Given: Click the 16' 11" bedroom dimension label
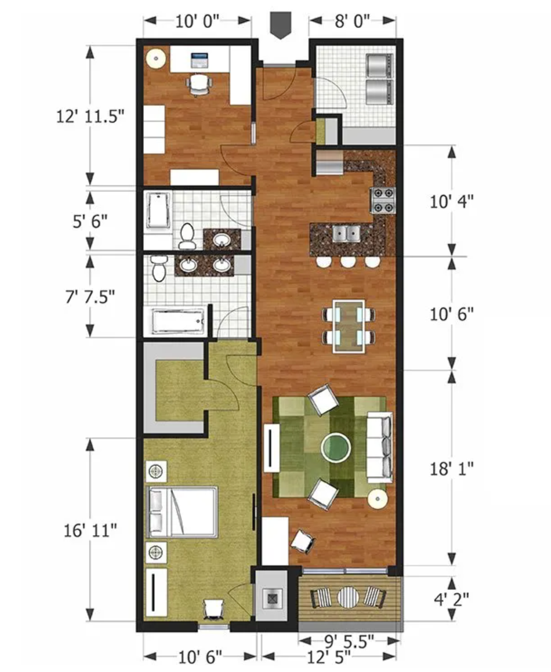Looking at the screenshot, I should point(91,530).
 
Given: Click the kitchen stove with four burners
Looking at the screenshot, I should point(384,200).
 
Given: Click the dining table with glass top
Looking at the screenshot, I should point(349,326).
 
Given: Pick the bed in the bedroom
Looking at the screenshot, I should point(182,511).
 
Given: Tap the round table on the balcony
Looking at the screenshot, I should point(349,599).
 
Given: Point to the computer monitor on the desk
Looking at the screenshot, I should point(199,60).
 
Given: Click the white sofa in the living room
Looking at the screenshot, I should point(379,447).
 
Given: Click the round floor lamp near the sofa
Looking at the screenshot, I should point(377,499).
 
